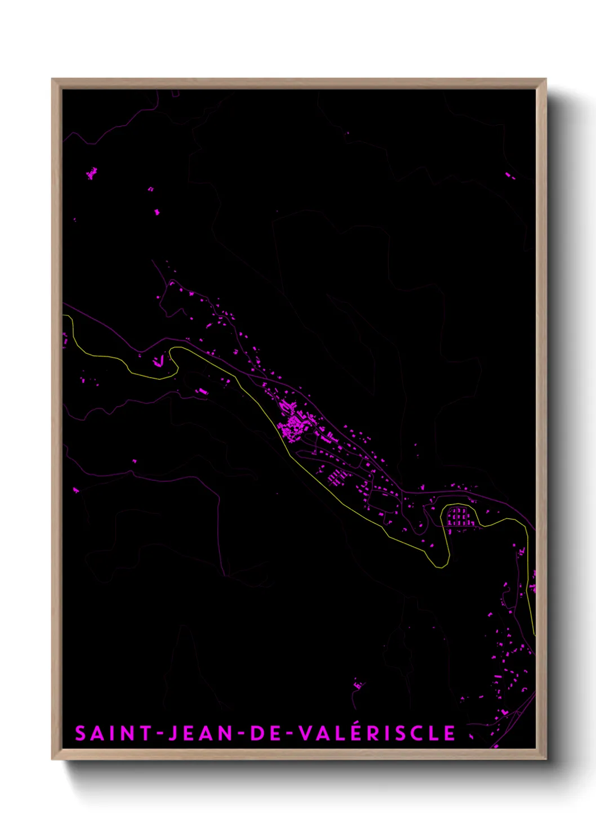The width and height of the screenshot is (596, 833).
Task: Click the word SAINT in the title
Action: point(113,733)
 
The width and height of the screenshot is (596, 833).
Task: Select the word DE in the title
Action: point(268,733)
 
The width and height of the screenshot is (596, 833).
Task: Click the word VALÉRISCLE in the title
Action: point(377,733)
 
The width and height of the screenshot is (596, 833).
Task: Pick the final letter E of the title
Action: point(450,733)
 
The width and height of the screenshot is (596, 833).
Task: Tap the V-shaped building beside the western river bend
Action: point(160,360)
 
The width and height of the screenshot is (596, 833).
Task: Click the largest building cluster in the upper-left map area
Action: point(92,173)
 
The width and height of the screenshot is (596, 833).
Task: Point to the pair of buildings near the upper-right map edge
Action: point(510,176)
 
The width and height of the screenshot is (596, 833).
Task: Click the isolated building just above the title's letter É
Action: point(358,685)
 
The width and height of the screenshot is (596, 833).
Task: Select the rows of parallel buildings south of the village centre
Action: point(336,478)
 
